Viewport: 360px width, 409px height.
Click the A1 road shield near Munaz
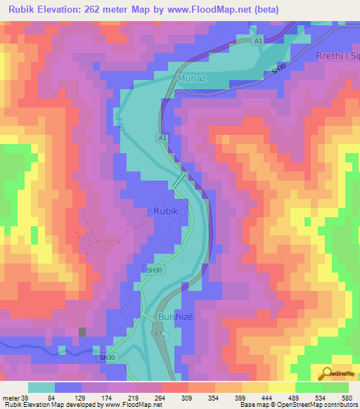[x=259, y=42]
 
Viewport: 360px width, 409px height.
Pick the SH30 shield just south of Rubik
[x=154, y=269]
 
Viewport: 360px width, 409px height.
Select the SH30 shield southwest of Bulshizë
[x=107, y=358]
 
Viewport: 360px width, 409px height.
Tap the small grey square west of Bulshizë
[x=82, y=332]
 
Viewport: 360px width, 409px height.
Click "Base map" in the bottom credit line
[x=252, y=405]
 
